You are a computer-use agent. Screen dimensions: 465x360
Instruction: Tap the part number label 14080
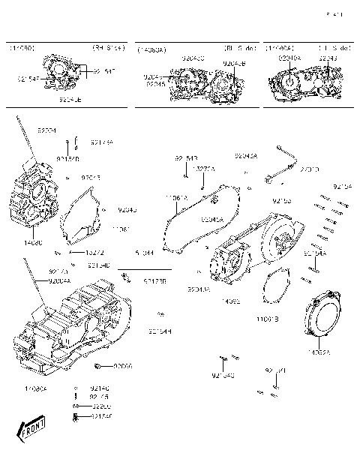pyautogui.click(x=32, y=243)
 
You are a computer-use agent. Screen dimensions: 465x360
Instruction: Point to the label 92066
pyautogui.click(x=123, y=366)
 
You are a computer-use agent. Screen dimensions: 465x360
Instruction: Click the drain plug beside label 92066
pyautogui.click(x=99, y=366)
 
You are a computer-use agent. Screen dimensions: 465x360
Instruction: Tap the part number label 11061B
pyautogui.click(x=267, y=319)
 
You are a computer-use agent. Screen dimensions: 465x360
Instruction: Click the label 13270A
pyautogui.click(x=203, y=169)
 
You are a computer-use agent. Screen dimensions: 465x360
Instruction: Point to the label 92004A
pyautogui.click(x=59, y=280)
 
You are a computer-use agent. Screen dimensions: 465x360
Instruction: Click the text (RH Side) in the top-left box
pyautogui.click(x=108, y=49)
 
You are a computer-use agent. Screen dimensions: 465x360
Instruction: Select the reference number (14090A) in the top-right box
pyautogui.click(x=283, y=49)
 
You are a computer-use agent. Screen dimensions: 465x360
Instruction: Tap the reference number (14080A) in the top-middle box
pyautogui.click(x=152, y=49)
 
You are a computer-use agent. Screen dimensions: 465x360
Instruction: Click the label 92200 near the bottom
pyautogui.click(x=100, y=406)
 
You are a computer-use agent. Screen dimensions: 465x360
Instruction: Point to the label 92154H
pyautogui.click(x=160, y=331)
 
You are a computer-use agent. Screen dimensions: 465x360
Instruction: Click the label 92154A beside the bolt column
pyautogui.click(x=315, y=253)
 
